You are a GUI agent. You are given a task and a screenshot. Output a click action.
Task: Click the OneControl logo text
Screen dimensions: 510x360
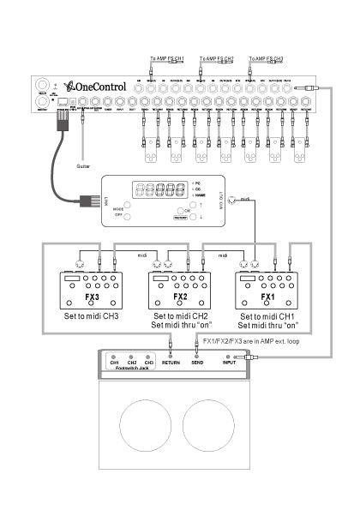coord(98,87)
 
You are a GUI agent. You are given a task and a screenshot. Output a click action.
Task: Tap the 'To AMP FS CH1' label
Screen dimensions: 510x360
coord(165,58)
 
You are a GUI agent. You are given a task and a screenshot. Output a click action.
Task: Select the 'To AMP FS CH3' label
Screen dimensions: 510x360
coord(265,58)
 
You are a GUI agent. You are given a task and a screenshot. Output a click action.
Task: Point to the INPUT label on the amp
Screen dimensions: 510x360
coord(229,363)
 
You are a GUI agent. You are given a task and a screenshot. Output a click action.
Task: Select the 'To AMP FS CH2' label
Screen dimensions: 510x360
coord(215,58)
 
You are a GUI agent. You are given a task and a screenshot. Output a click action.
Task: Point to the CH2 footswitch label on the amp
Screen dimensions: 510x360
coord(131,363)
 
